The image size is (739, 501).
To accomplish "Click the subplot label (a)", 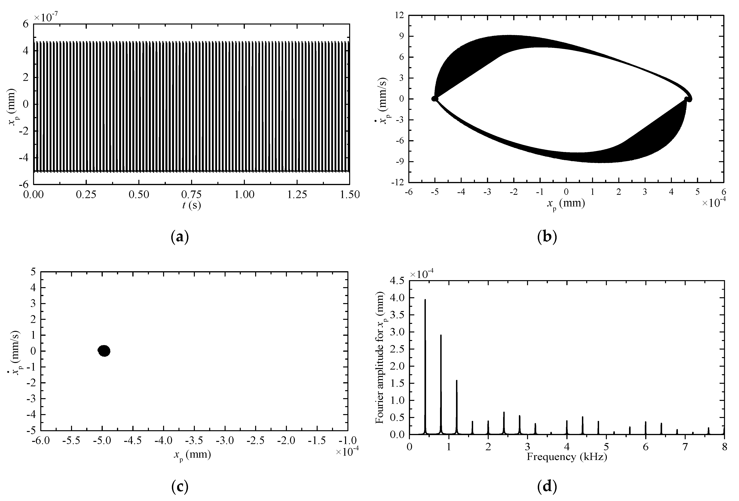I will coord(180,237).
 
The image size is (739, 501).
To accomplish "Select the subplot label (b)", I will coord(547,237).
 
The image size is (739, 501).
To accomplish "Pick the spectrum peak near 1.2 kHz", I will coord(457,381).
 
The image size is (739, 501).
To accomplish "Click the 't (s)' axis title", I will coord(192,205).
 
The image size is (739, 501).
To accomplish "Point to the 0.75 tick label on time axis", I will coord(192,194).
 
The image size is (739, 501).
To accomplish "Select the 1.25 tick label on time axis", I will coord(297,194).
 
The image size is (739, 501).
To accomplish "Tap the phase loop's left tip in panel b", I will coord(434,99).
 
